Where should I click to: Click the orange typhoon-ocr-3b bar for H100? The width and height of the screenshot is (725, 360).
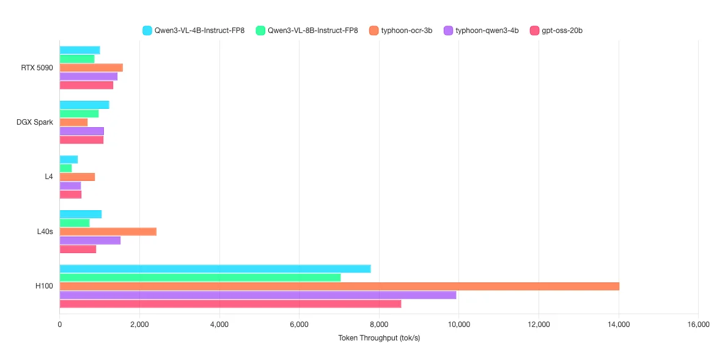pyautogui.click(x=339, y=286)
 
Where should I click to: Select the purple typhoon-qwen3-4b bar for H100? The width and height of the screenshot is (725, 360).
pyautogui.click(x=257, y=295)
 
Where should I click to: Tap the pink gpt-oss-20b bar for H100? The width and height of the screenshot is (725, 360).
pyautogui.click(x=230, y=304)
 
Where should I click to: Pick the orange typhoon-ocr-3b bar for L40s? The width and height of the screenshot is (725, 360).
pyautogui.click(x=108, y=232)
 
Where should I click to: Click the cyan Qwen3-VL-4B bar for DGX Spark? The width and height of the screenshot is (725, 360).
pyautogui.click(x=84, y=105)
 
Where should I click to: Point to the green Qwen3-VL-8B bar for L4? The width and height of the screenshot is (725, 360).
pyautogui.click(x=65, y=168)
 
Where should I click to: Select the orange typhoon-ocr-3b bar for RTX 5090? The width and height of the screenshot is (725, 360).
pyautogui.click(x=91, y=67)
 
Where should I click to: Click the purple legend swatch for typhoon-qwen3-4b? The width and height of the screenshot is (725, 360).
pyautogui.click(x=448, y=30)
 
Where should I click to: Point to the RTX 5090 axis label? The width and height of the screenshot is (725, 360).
pyautogui.click(x=37, y=67)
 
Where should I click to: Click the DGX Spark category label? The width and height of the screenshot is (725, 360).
pyautogui.click(x=35, y=122)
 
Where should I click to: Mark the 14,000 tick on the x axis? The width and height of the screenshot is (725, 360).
pyautogui.click(x=619, y=325)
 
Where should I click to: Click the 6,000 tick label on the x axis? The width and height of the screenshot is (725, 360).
pyautogui.click(x=299, y=325)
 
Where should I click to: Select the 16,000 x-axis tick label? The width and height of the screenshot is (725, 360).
pyautogui.click(x=698, y=325)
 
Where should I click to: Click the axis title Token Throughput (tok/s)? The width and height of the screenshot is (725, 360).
pyautogui.click(x=379, y=338)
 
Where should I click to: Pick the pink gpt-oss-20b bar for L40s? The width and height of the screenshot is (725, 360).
pyautogui.click(x=78, y=249)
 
